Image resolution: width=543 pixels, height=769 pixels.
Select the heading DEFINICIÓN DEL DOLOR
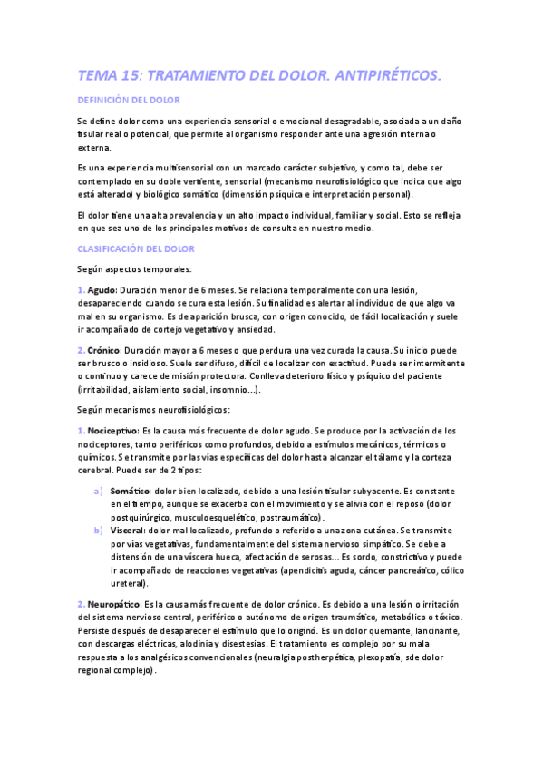click(x=129, y=100)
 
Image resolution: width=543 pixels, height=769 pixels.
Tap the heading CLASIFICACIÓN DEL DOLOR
click(x=135, y=248)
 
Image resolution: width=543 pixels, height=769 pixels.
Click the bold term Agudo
click(x=102, y=288)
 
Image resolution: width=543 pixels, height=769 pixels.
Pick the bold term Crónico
click(x=105, y=349)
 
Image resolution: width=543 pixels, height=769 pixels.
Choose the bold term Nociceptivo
click(x=113, y=430)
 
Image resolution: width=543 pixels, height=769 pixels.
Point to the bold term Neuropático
click(x=114, y=603)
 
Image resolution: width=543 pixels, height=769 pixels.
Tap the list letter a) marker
click(x=98, y=491)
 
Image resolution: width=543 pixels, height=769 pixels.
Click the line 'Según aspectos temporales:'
click(x=133, y=268)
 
